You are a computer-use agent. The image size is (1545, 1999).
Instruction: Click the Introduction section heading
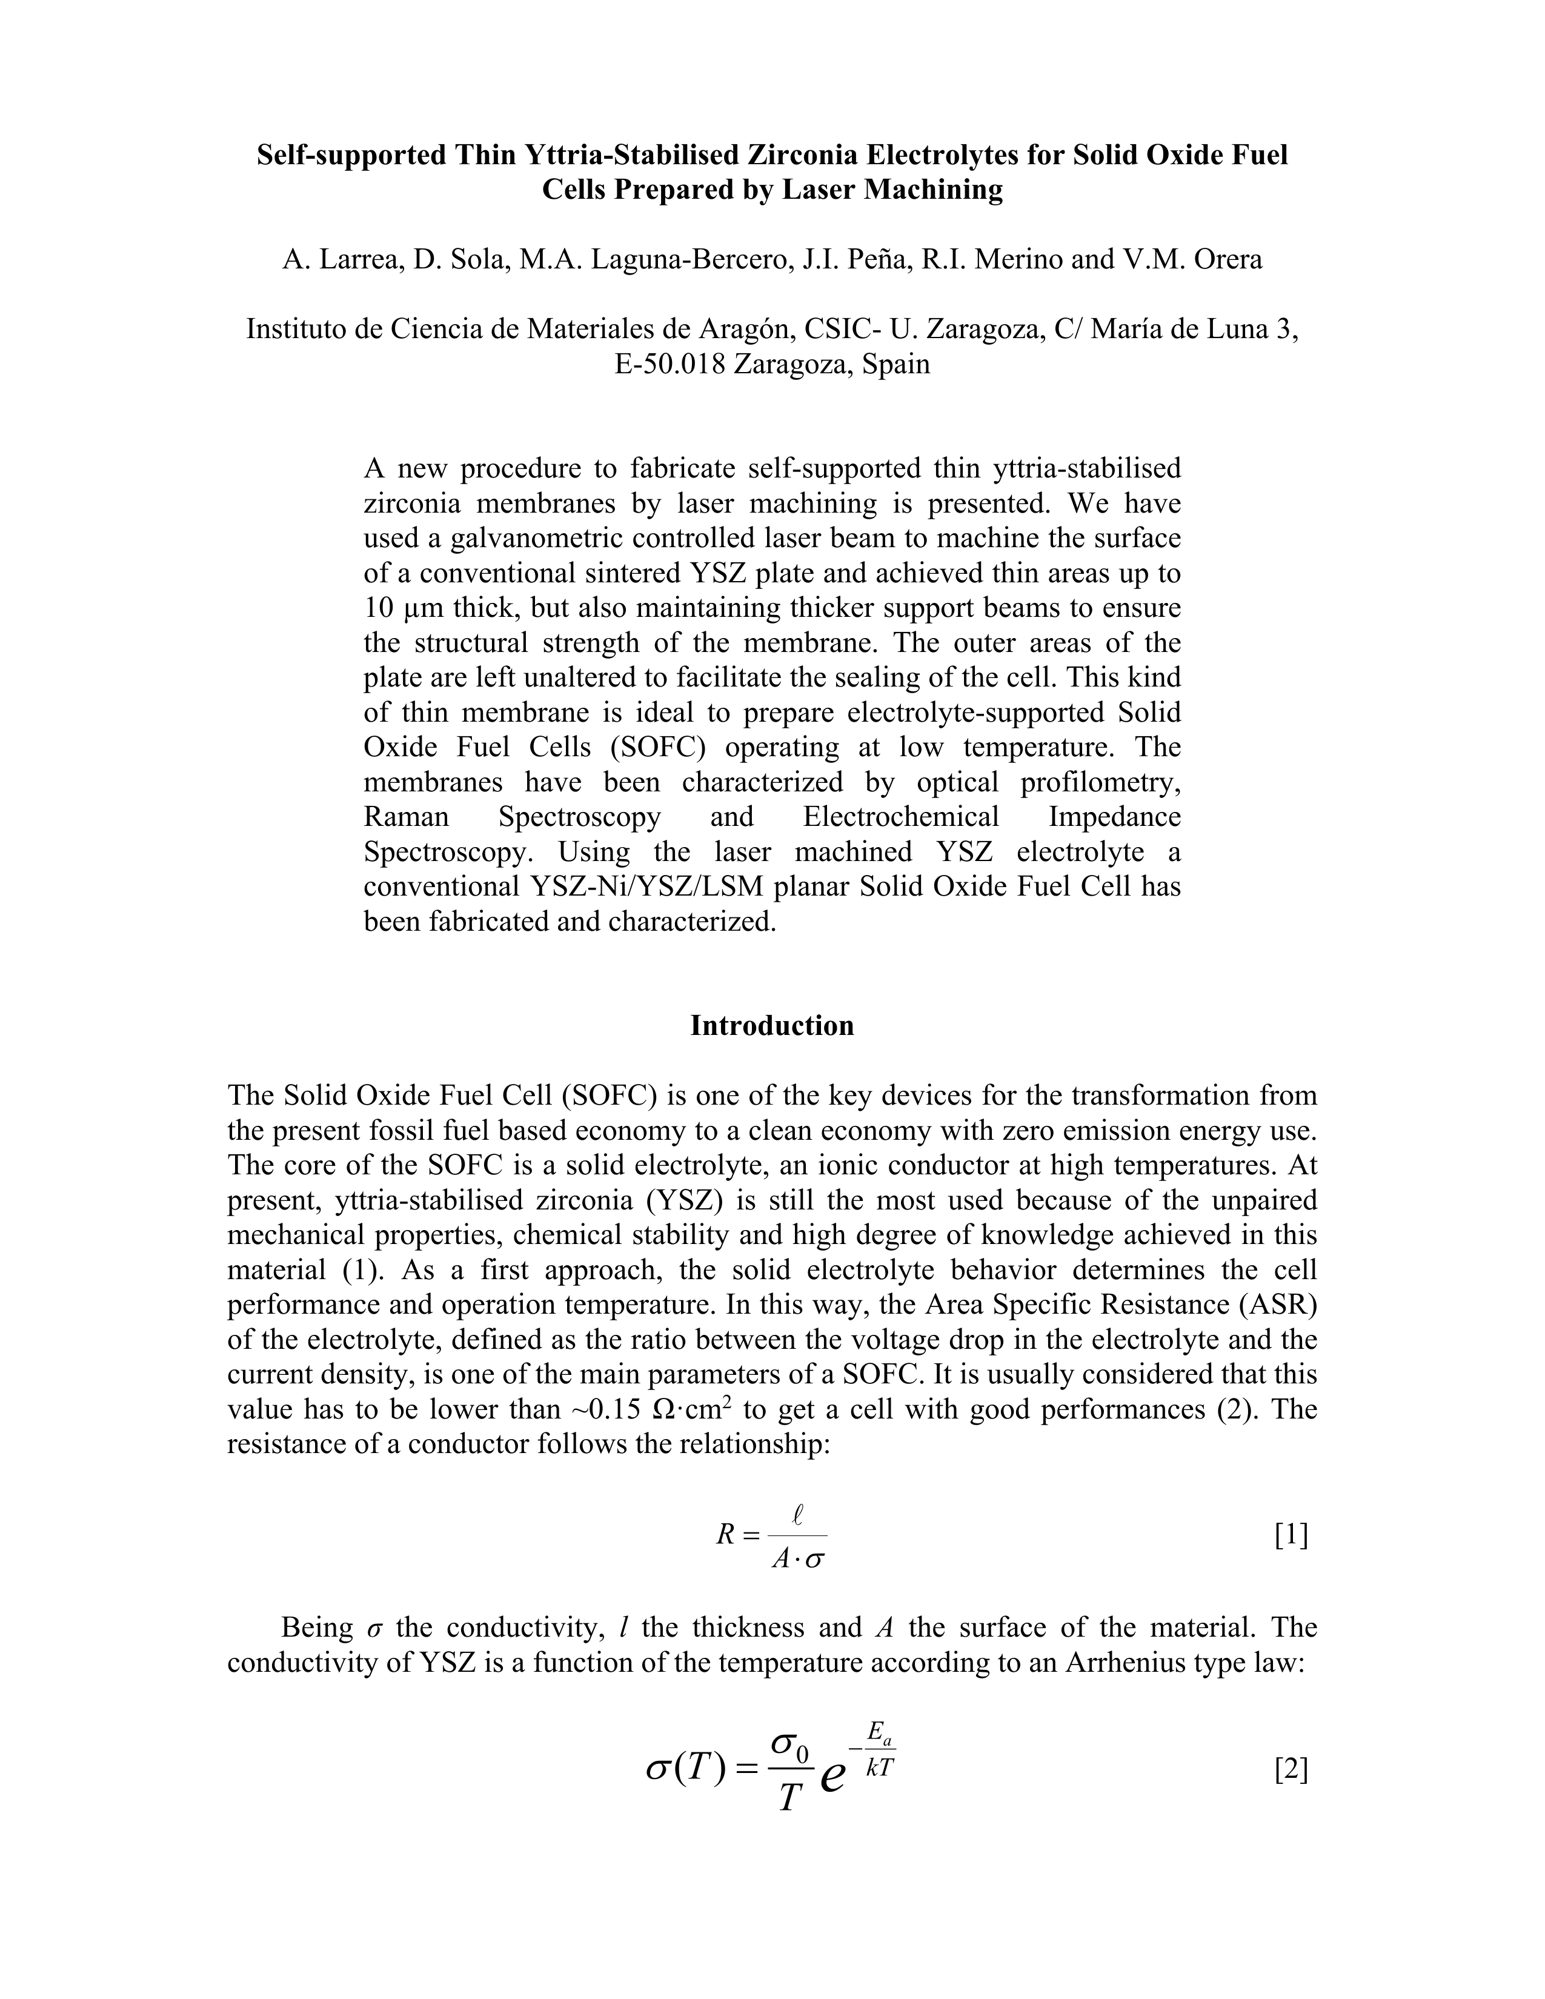click(x=771, y=1025)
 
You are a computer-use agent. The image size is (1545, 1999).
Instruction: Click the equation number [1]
click(x=1291, y=1535)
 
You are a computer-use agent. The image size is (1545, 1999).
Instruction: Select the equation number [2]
click(x=1291, y=1771)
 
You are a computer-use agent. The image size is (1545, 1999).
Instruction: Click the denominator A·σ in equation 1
click(x=798, y=1558)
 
